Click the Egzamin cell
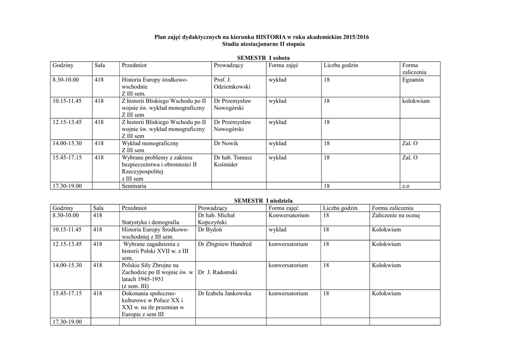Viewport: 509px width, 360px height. click(413, 80)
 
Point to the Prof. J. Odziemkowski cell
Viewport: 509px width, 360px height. click(232, 83)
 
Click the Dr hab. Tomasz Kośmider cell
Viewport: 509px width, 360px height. click(233, 161)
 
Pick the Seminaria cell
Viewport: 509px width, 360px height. click(134, 186)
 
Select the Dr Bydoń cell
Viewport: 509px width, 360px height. click(210, 230)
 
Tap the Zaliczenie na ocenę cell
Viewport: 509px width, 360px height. click(396, 215)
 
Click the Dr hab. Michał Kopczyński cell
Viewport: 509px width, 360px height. click(216, 219)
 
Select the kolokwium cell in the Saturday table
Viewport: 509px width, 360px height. click(416, 101)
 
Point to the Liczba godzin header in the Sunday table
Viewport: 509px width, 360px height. click(339, 208)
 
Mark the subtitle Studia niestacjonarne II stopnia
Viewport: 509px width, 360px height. click(263, 44)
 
